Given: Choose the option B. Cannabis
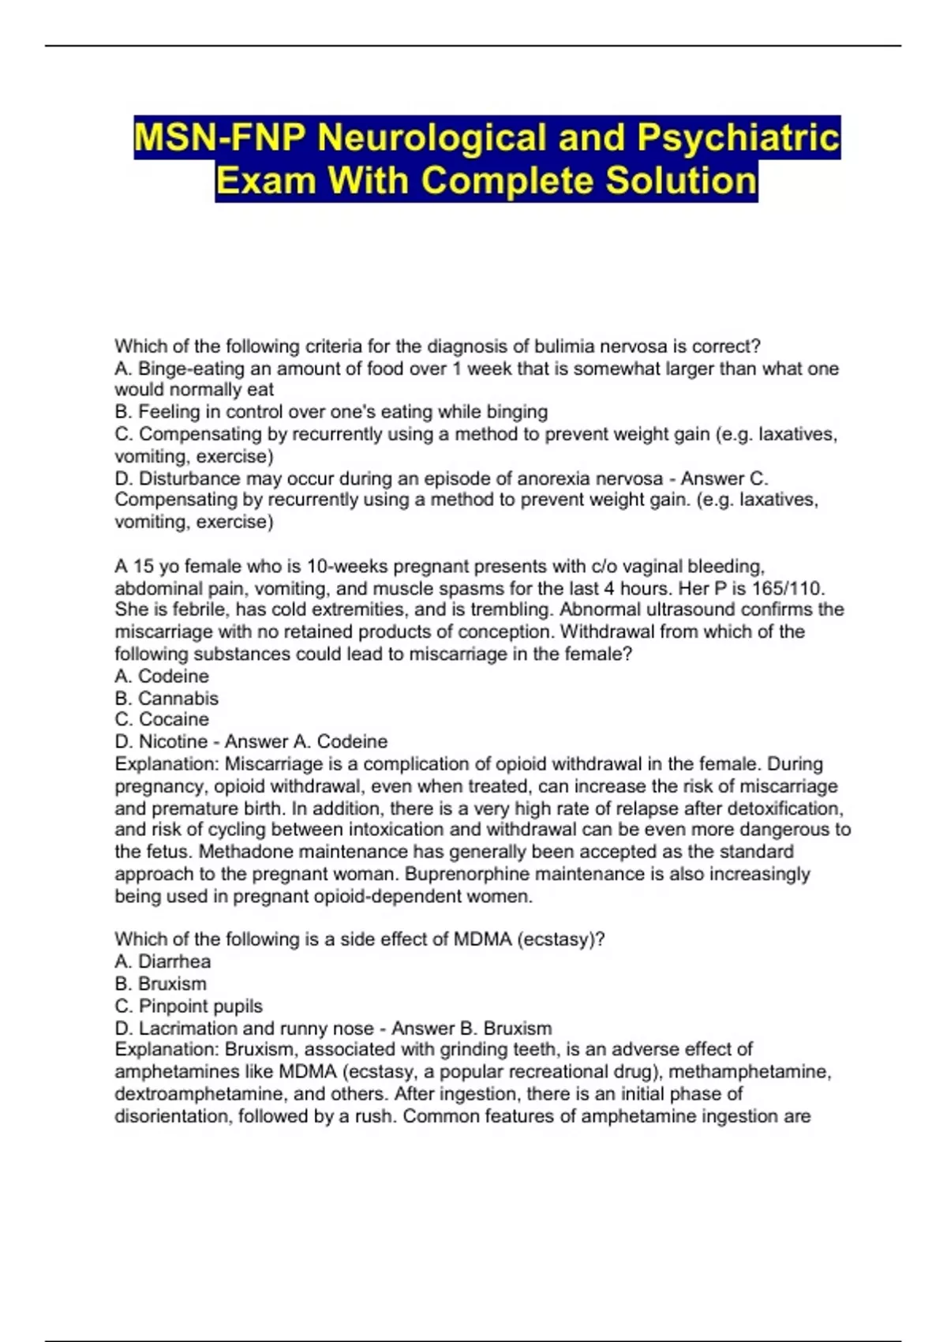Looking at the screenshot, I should [167, 698].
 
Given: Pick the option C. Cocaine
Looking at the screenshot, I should [162, 719].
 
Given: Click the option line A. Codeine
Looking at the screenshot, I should [162, 676].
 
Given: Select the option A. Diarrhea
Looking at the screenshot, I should [163, 961].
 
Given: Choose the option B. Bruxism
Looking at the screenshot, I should [160, 984].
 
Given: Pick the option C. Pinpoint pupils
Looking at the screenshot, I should [189, 1006].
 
